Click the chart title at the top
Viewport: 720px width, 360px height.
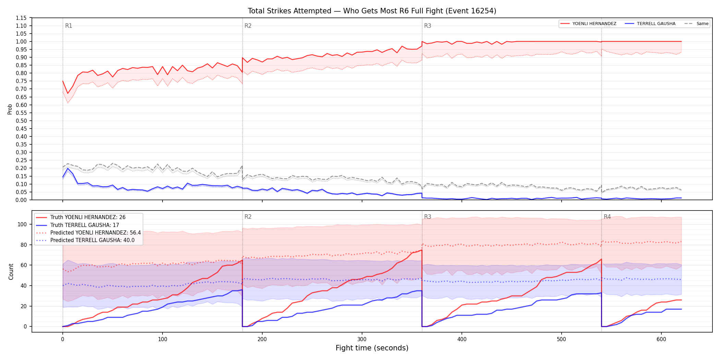[x=372, y=11]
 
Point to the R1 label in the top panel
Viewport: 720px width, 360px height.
[x=69, y=26]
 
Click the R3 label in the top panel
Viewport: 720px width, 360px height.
[x=428, y=26]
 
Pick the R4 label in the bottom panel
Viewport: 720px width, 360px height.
[x=607, y=217]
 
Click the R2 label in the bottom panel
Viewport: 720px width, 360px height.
[x=248, y=217]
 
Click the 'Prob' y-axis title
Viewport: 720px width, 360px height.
[x=10, y=109]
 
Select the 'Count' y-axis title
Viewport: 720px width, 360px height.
[x=11, y=272]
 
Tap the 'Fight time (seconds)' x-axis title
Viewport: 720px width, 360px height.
[x=372, y=348]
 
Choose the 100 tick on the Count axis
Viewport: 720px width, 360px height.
[x=22, y=224]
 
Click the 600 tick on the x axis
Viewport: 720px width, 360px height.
[x=661, y=339]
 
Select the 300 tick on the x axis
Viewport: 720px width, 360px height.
[x=362, y=339]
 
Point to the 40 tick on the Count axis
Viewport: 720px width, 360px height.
[x=24, y=286]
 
